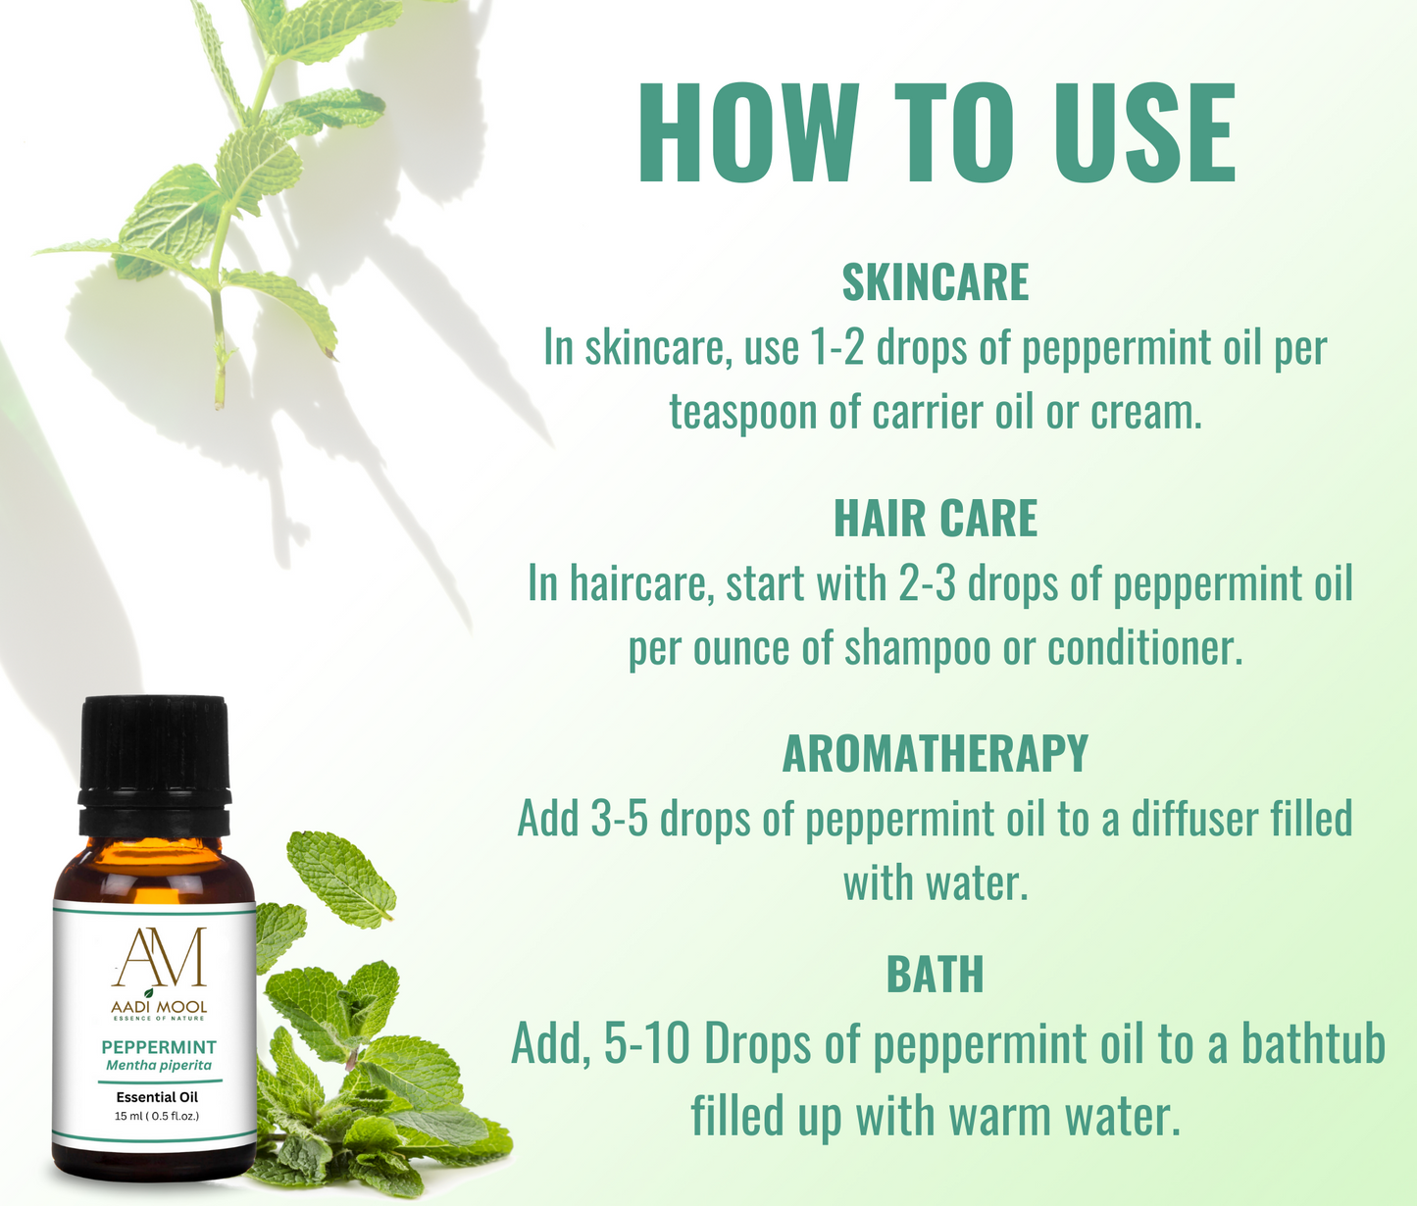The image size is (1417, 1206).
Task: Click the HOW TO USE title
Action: click(936, 133)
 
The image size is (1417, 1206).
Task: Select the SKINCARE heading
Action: click(936, 282)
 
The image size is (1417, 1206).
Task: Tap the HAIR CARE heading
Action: click(936, 519)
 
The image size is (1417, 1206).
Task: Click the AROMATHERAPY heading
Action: click(936, 753)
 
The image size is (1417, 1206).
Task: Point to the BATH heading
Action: click(936, 975)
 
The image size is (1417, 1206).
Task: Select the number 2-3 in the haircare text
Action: click(928, 583)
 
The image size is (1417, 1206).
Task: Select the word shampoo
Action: click(917, 649)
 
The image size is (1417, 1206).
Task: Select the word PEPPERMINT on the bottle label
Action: click(159, 1047)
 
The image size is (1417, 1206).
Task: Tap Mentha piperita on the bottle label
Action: click(159, 1066)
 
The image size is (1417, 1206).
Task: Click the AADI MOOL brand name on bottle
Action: click(159, 1007)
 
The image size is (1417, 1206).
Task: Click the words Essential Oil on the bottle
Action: click(158, 1097)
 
